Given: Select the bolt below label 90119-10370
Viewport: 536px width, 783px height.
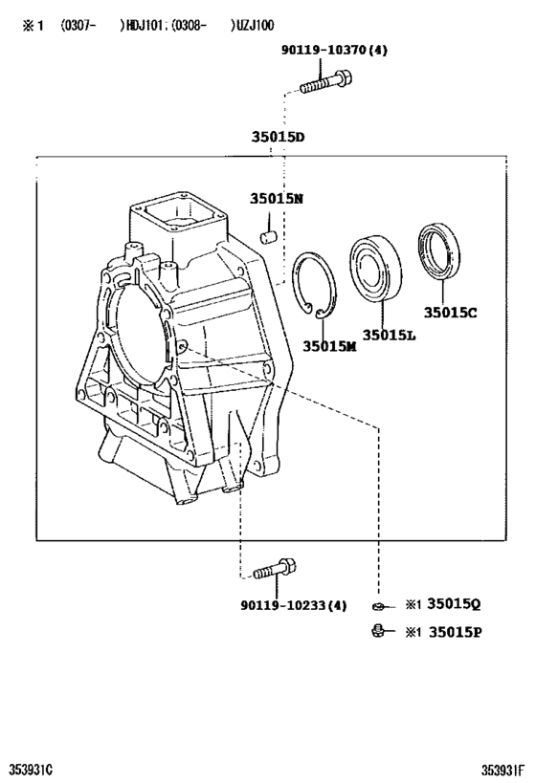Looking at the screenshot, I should [323, 85].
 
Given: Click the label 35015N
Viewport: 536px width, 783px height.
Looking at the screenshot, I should [277, 199].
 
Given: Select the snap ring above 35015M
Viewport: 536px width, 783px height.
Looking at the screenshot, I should [315, 285].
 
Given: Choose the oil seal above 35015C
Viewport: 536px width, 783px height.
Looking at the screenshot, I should [441, 251].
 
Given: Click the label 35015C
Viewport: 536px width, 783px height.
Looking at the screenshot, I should [450, 311].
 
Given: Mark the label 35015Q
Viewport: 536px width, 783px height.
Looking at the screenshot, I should [453, 604].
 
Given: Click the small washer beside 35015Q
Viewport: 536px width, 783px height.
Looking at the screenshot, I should [380, 606].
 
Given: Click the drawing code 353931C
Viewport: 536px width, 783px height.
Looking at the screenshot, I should [31, 770].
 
